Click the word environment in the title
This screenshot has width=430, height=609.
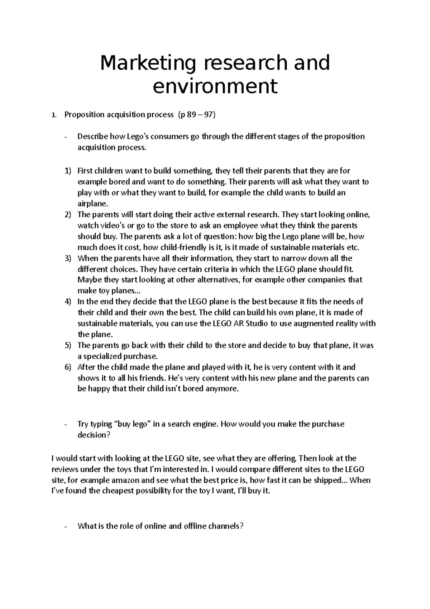[x=215, y=86]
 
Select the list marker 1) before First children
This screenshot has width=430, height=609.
[x=68, y=171]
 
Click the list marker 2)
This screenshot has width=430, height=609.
[x=68, y=215]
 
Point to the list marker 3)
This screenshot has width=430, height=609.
[x=68, y=258]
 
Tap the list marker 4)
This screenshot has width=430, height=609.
[x=68, y=302]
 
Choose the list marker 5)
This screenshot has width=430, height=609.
[x=68, y=345]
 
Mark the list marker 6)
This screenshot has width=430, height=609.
[x=68, y=367]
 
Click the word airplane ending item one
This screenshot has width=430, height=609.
[x=92, y=204]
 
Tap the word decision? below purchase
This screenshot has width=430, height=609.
[x=92, y=435]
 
